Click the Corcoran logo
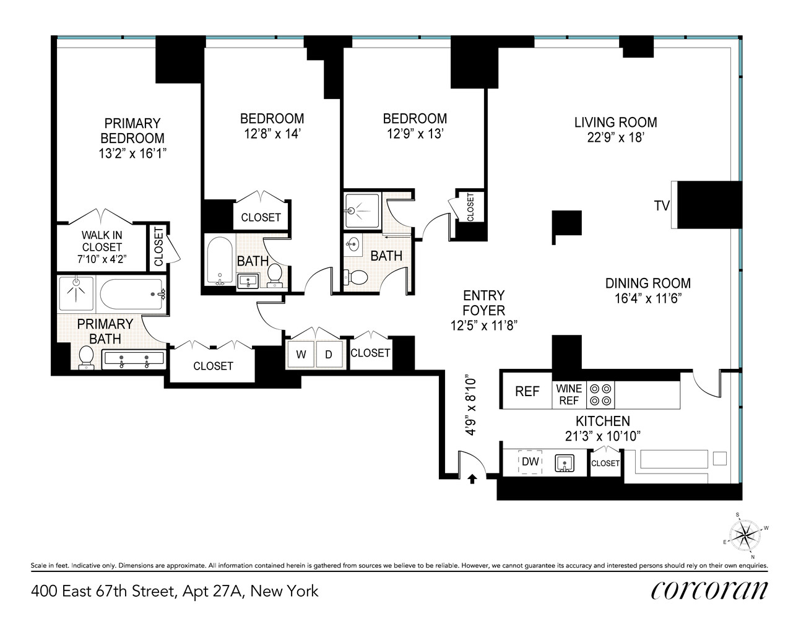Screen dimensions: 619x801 click(709, 590)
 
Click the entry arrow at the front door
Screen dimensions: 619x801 click(472, 478)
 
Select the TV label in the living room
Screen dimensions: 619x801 click(662, 206)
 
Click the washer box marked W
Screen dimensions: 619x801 click(301, 355)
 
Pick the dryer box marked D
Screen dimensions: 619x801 click(329, 355)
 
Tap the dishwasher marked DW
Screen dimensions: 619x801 click(530, 461)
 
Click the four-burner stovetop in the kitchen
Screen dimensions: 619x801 click(600, 395)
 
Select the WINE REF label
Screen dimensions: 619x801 click(569, 394)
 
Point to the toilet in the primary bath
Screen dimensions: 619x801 click(86, 357)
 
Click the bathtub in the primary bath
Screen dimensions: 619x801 click(132, 292)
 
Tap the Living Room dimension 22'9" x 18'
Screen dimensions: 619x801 click(615, 137)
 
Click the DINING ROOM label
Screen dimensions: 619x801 click(647, 284)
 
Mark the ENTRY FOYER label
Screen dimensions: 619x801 click(483, 303)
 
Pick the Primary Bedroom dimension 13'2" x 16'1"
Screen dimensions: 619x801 click(132, 153)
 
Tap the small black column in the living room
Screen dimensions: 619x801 click(566, 223)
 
